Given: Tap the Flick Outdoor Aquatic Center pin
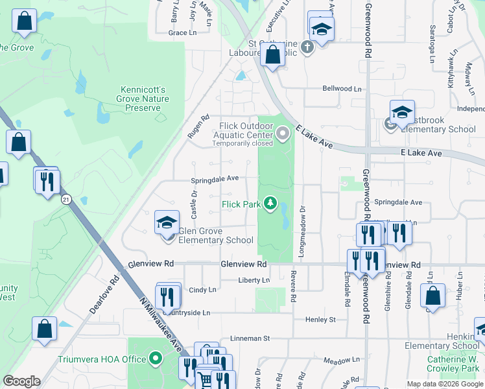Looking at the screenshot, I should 282,134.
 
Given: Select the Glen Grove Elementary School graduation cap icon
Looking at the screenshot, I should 167,223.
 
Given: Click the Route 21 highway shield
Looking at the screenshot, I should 66,200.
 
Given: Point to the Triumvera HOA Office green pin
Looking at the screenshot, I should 156,358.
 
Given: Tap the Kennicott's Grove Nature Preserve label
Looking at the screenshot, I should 145,99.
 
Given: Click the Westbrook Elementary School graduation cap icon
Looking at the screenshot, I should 402,111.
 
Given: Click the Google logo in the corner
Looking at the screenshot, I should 21,381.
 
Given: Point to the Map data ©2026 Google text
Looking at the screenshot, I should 445,384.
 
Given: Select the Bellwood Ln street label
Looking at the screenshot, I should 342,89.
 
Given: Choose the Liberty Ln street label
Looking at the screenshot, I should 254,280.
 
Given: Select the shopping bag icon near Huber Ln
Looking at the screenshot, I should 432,296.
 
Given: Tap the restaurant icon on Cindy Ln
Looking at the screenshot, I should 169,297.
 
